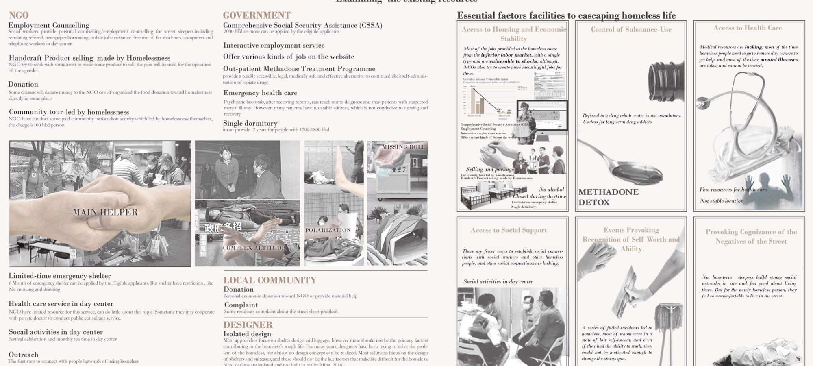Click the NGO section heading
point(19,15)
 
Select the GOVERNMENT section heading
point(257,15)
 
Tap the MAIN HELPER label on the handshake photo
point(105,212)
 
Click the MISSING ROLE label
point(403,147)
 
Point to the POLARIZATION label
point(328,230)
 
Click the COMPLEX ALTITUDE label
point(254,248)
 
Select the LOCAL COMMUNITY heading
point(270,280)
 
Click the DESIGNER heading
point(248,325)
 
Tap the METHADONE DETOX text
point(608,197)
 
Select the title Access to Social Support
point(509,230)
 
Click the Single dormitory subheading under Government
point(250,123)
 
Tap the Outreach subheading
point(24,355)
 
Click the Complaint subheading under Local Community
point(241,305)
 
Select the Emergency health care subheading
point(260,93)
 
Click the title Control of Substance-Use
point(631,29)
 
